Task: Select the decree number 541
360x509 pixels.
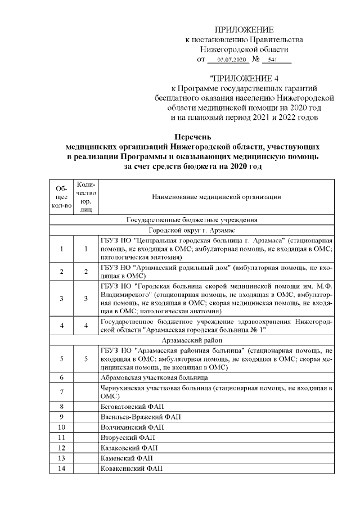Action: [x=273, y=60]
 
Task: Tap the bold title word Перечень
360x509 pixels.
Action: [x=192, y=137]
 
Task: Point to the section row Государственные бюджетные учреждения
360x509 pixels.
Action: [x=192, y=220]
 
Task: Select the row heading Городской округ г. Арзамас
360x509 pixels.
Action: [x=192, y=231]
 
